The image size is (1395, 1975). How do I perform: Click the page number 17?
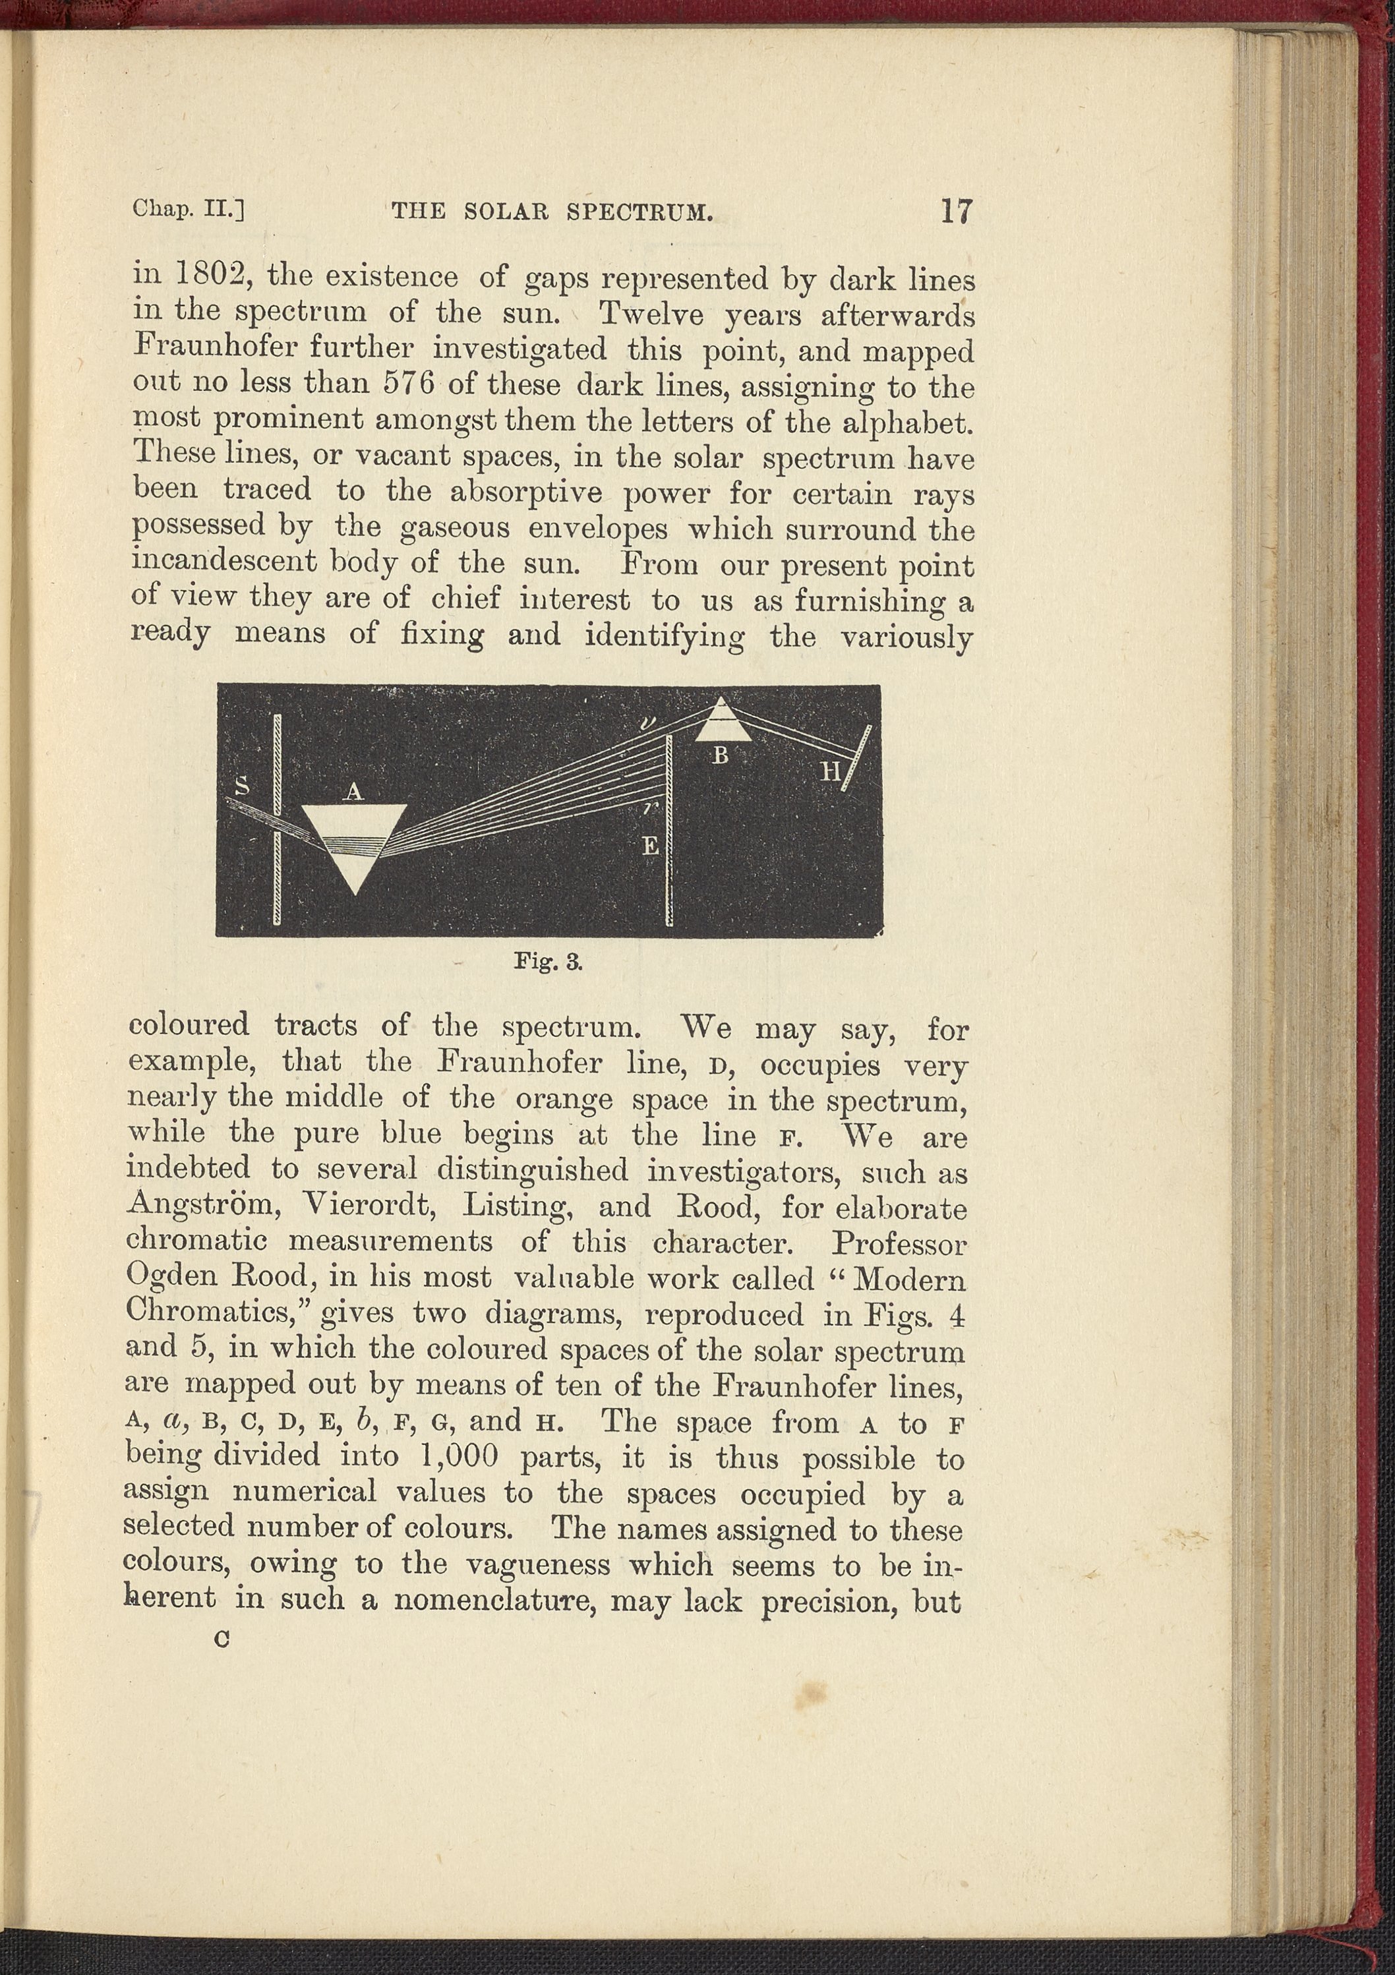point(955,211)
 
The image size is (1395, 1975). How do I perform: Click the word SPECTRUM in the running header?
point(640,212)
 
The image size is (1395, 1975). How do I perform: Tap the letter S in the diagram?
point(243,784)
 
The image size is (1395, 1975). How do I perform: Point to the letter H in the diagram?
point(829,771)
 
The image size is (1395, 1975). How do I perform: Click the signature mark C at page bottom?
point(223,1639)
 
